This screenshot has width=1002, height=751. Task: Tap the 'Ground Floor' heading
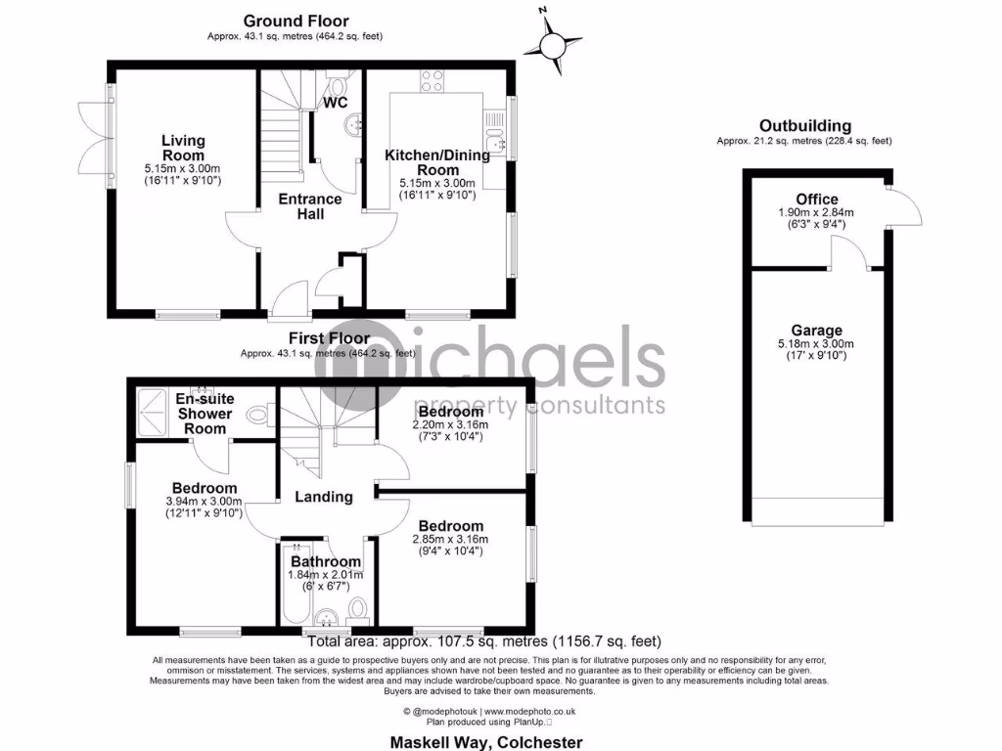pyautogui.click(x=295, y=21)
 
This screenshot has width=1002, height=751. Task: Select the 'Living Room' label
pyautogui.click(x=183, y=149)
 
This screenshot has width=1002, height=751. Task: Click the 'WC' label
pyautogui.click(x=336, y=102)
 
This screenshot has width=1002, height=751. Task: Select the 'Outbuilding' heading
pyautogui.click(x=804, y=125)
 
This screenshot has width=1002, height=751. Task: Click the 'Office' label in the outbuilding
pyautogui.click(x=817, y=199)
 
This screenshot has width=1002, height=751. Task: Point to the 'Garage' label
pyautogui.click(x=817, y=331)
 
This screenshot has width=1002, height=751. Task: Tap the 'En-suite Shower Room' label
pyautogui.click(x=204, y=414)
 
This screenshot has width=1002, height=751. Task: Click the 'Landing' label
pyautogui.click(x=324, y=497)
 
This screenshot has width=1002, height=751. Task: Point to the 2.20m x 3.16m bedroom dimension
pyautogui.click(x=450, y=425)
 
